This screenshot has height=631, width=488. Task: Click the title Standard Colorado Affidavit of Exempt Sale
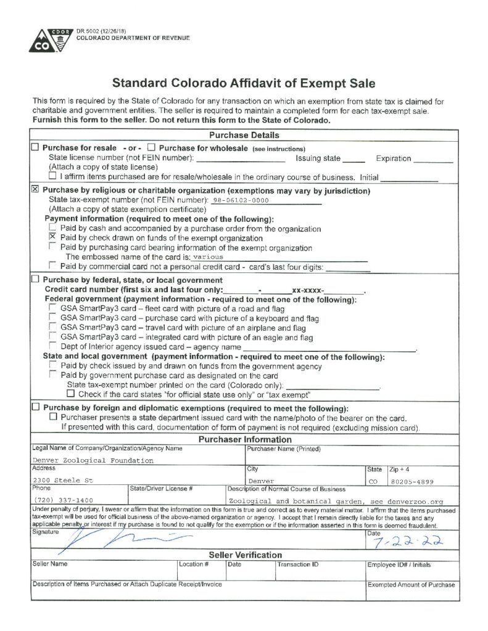[x=244, y=83]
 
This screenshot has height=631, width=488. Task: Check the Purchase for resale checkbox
[x=35, y=148]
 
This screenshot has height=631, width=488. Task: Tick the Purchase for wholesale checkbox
[x=151, y=148]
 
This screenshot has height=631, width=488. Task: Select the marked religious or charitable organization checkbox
[x=35, y=190]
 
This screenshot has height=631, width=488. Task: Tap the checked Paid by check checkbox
[x=52, y=237]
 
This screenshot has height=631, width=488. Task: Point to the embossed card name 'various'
[x=208, y=256]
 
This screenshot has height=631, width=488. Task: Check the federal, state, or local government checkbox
[x=35, y=279]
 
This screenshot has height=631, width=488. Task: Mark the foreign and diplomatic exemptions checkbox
[x=35, y=407]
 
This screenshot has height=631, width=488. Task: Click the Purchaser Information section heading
[x=244, y=439]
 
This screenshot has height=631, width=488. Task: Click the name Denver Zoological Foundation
[x=93, y=460]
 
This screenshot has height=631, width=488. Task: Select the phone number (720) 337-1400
[x=64, y=500]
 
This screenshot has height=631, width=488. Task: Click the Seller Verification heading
[x=244, y=555]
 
